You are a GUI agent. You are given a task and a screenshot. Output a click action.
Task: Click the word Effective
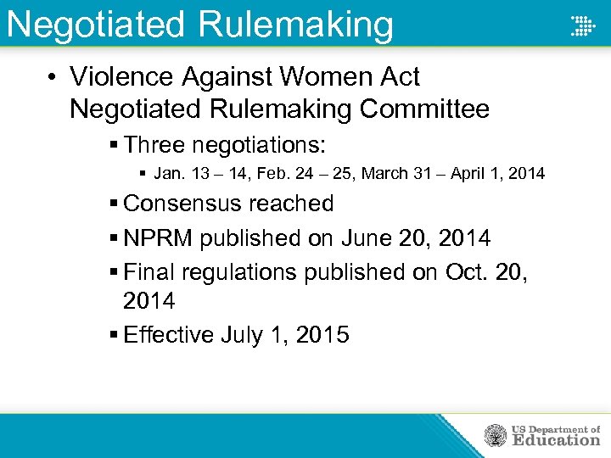[x=168, y=335]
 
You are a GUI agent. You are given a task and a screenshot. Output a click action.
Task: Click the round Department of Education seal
[x=496, y=435]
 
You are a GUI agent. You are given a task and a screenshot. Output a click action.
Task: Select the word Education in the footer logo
[x=556, y=440]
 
